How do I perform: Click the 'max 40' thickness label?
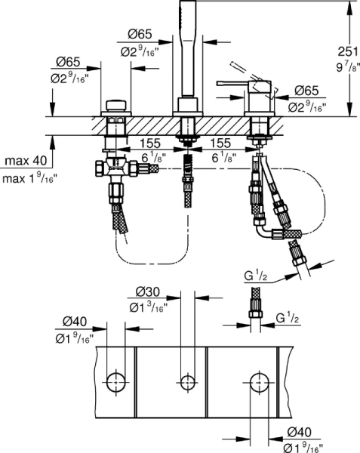(x=24, y=162)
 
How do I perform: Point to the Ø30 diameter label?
(x=150, y=292)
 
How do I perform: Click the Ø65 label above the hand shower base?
(x=137, y=34)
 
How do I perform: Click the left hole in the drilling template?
(x=115, y=380)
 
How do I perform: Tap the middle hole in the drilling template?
(x=186, y=380)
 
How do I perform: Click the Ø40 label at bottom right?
(x=302, y=433)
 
